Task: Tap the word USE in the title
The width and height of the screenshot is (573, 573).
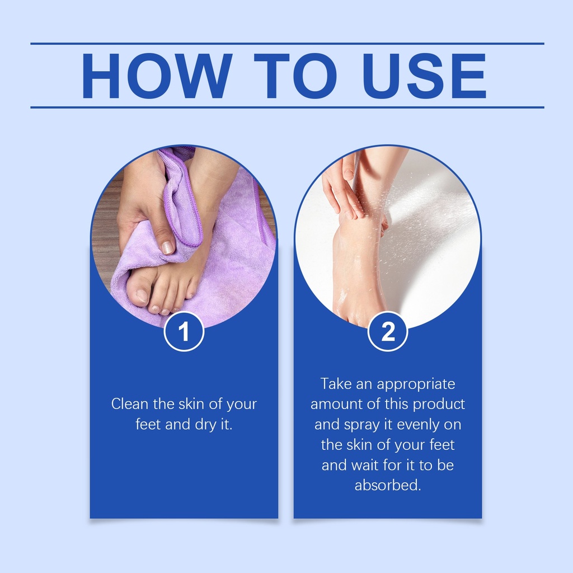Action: [424, 76]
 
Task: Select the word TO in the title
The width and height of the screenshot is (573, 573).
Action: [295, 76]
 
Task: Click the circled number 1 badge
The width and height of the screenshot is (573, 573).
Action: [184, 331]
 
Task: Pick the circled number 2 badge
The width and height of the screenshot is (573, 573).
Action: [387, 331]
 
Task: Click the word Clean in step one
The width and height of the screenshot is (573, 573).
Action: [130, 404]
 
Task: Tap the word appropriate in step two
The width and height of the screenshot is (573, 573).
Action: [416, 384]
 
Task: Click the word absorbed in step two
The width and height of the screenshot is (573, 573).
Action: [388, 485]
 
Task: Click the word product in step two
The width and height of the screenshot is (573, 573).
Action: [439, 405]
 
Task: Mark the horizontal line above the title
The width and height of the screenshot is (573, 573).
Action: [287, 44]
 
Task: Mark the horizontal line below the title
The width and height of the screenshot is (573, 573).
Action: [287, 107]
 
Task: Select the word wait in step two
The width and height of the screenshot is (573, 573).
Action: [364, 465]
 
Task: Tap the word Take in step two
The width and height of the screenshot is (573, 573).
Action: [336, 384]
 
